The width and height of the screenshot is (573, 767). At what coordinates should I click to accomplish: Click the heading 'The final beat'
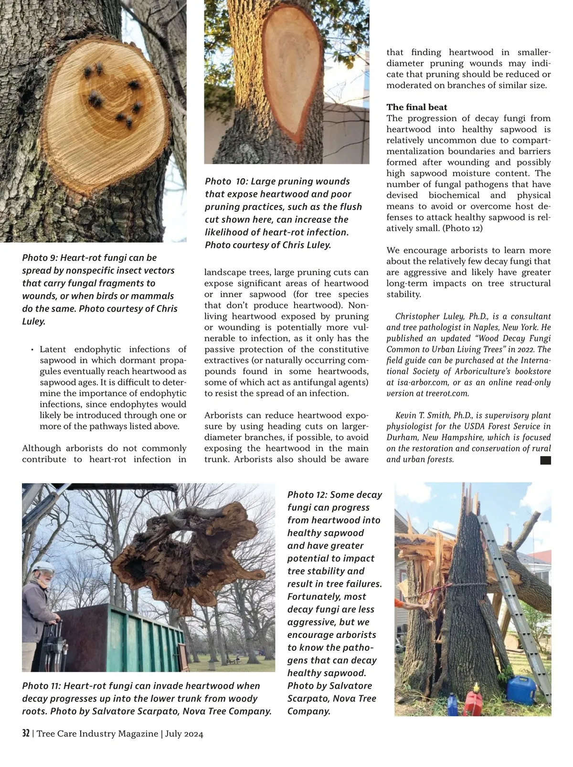(416, 107)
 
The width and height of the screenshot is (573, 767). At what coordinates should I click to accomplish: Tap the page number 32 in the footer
(26, 734)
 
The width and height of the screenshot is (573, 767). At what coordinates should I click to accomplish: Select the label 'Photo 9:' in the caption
(40, 258)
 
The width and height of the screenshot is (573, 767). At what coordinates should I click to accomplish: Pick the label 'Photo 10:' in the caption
(226, 181)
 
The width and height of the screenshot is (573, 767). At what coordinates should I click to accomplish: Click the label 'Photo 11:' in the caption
(42, 686)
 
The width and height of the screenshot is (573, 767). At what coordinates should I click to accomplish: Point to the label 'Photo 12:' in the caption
(307, 495)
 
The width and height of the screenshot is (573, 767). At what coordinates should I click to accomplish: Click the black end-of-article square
(545, 460)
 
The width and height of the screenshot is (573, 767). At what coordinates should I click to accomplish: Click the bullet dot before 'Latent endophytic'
(32, 350)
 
